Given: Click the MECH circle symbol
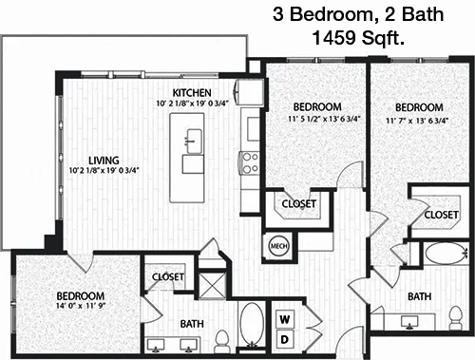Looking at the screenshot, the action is click(279, 246).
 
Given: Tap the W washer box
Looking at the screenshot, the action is click(285, 319).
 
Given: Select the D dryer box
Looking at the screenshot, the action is click(285, 340).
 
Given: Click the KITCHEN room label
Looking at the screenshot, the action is click(192, 92).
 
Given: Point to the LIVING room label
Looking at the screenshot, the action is click(104, 161).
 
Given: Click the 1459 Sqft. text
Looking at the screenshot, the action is click(358, 38).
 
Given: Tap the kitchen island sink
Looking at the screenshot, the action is click(193, 142).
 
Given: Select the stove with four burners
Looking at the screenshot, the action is click(250, 162).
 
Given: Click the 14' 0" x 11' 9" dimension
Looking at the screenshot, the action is click(81, 306).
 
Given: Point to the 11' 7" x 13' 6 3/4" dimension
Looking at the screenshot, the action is click(417, 121).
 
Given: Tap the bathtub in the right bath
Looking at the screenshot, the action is click(446, 254).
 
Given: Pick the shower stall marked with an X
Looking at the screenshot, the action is click(212, 286).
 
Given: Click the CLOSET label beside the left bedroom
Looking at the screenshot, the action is click(168, 277).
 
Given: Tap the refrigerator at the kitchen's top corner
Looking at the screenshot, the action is click(249, 93).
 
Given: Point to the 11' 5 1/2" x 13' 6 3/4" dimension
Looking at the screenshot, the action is click(325, 120).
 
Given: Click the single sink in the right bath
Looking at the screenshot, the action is click(409, 322).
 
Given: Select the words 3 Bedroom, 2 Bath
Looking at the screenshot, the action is click(358, 14).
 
